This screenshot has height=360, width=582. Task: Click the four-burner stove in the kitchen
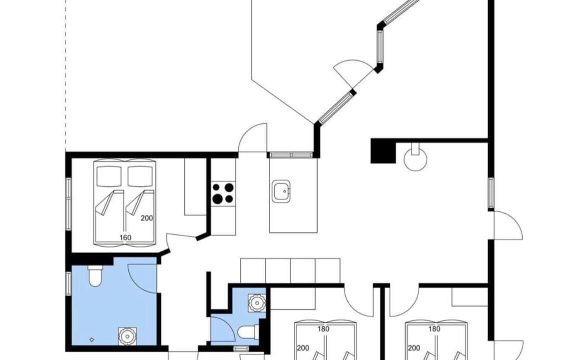tap(223, 193)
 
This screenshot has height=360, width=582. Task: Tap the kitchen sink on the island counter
tap(281, 191)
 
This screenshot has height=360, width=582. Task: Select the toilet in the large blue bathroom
tap(95, 276)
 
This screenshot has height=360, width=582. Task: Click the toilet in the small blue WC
tap(248, 332)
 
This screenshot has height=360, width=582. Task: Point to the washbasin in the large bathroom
tap(127, 336)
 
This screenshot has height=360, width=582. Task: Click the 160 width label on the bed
tap(125, 238)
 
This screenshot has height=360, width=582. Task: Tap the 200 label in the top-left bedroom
tap(146, 218)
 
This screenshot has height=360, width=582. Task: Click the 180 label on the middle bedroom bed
tap(323, 329)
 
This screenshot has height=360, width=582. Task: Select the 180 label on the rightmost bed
tap(434, 329)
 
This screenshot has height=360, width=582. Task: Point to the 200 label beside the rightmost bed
tap(414, 348)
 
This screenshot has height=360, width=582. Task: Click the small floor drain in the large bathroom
tap(92, 339)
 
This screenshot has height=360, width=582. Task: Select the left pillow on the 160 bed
tap(109, 176)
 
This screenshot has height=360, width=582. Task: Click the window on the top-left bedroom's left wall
tap(68, 204)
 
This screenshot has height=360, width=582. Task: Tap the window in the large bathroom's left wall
tap(68, 283)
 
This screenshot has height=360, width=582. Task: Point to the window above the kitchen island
tap(291, 155)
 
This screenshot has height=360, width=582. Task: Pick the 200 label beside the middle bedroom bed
tap(303, 348)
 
